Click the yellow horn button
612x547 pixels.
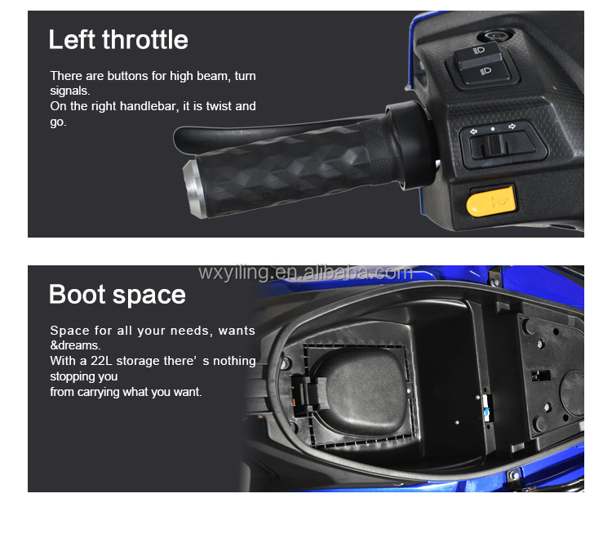click(x=491, y=201)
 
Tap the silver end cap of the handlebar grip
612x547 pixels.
click(x=193, y=189)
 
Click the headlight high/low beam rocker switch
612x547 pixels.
click(x=482, y=64)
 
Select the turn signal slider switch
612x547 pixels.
click(x=503, y=145)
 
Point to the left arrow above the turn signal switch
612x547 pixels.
click(x=473, y=131)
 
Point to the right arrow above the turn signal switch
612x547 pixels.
click(x=512, y=127)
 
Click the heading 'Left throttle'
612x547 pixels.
click(x=118, y=39)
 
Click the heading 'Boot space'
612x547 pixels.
click(x=117, y=295)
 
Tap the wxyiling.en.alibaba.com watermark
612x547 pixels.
click(x=305, y=272)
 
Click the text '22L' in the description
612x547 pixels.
click(x=101, y=361)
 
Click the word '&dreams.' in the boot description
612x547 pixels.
click(x=75, y=345)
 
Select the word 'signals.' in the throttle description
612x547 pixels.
click(x=70, y=91)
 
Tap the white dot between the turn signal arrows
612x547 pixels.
click(x=493, y=129)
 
